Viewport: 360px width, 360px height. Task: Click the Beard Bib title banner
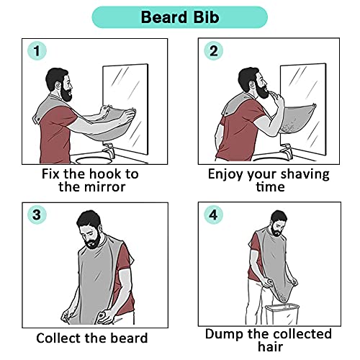coord(180,16)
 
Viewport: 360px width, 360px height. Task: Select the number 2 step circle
coord(214,51)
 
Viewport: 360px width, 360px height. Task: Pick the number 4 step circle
coord(215,215)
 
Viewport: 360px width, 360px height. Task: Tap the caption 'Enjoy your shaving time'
coord(268,181)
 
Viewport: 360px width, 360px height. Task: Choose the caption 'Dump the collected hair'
coord(268,341)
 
